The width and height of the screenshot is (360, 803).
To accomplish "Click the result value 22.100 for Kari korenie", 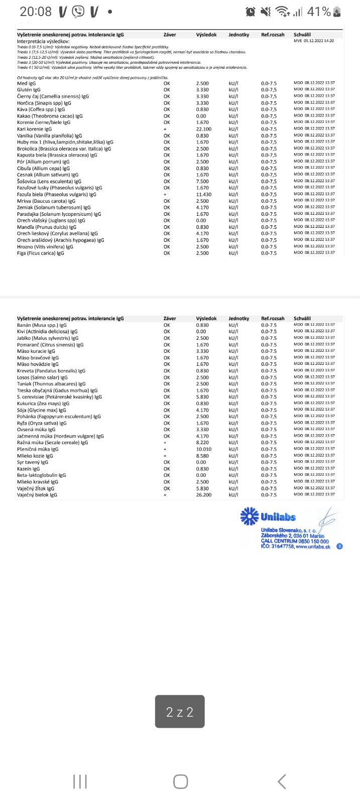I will [203, 129].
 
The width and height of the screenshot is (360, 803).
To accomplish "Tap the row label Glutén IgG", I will [29, 90].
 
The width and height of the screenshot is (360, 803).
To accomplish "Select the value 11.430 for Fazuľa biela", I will [203, 194].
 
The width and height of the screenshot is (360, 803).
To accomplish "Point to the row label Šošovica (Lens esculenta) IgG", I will [49, 181].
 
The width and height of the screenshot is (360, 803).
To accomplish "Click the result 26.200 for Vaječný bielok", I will [203, 495].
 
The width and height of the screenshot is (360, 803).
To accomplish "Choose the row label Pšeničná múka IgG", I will [38, 449].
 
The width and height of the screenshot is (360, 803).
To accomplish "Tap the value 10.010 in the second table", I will [203, 449].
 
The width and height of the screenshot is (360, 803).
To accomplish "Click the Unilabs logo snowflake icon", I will [250, 516].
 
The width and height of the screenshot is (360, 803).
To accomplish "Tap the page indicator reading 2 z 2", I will [180, 711].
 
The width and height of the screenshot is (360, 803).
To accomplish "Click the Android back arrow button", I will [282, 781].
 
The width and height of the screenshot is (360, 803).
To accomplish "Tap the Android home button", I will [180, 781].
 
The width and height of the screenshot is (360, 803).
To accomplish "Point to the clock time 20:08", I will [36, 12].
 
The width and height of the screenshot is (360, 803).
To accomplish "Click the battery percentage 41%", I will [319, 12].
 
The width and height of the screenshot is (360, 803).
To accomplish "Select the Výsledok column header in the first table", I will [206, 35].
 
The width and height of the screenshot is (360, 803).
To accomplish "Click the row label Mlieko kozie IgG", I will [35, 456].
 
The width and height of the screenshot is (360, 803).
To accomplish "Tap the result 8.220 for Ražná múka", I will [202, 443].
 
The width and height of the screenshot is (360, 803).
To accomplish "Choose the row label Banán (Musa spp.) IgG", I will [42, 325].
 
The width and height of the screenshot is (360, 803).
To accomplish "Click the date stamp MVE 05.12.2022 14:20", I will [314, 41].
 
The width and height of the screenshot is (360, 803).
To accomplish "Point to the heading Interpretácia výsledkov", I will [43, 41].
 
